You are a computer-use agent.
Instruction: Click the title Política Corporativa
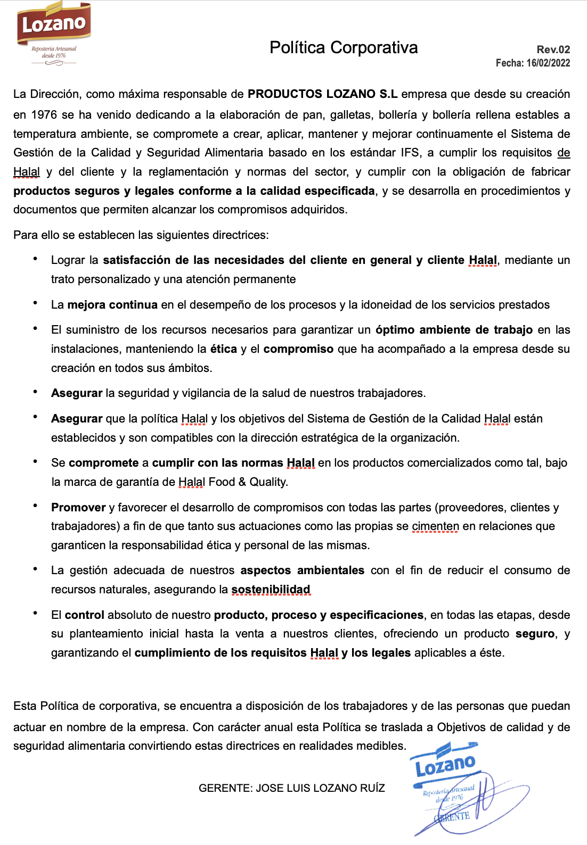tap(344, 47)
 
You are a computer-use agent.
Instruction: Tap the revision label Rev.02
tap(553, 49)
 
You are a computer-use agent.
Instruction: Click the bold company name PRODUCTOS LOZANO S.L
tap(322, 94)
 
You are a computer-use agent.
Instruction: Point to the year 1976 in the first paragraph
tap(44, 114)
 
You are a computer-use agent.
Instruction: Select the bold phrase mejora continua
tap(112, 304)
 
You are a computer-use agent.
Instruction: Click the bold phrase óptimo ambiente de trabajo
tap(454, 330)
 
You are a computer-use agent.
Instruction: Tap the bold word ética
tap(223, 349)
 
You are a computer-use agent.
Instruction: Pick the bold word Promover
tap(78, 507)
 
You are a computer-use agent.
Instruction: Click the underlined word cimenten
tap(435, 526)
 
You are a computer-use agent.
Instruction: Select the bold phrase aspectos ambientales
tap(302, 570)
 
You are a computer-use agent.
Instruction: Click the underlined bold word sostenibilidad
tap(271, 590)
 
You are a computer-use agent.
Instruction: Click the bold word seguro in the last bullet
tap(535, 634)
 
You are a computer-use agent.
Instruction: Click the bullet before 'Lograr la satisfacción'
tap(35, 259)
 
